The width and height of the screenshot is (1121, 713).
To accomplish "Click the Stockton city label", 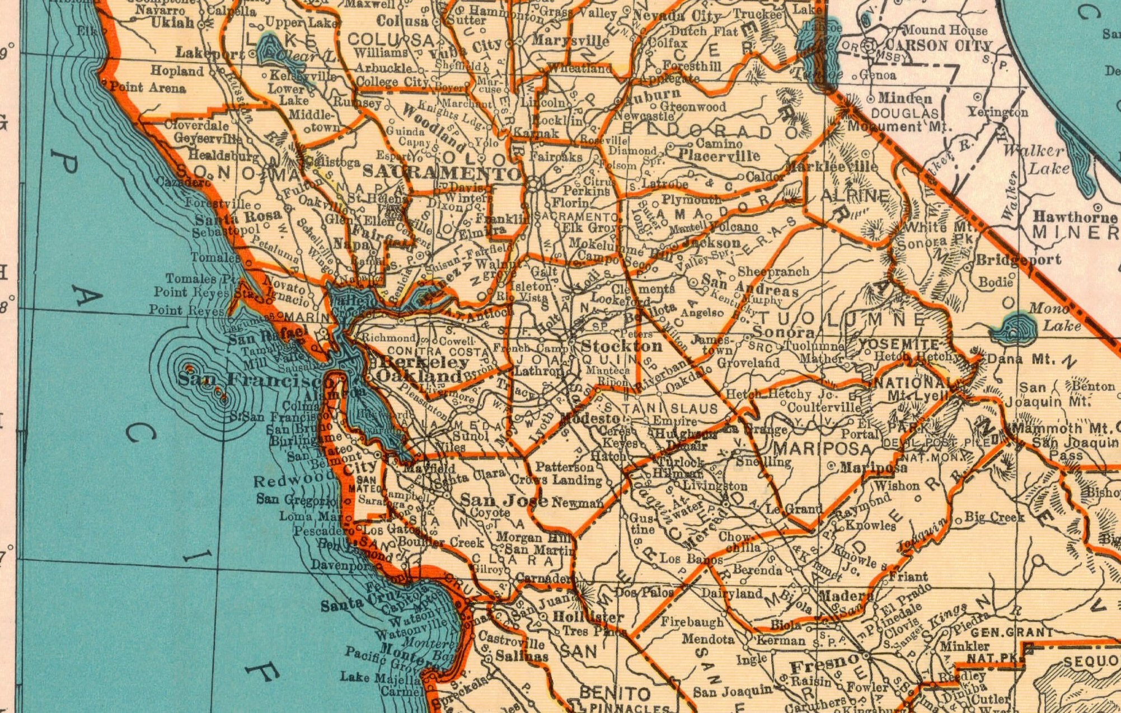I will (x=622, y=346).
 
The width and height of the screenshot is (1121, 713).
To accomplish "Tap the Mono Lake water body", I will (x=1014, y=327).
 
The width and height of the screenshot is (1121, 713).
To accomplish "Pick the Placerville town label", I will (x=719, y=155).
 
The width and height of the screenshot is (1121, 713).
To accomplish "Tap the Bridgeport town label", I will (x=1019, y=259).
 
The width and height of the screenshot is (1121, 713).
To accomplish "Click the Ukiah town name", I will (x=172, y=23).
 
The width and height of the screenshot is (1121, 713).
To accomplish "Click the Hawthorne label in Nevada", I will (x=1075, y=217).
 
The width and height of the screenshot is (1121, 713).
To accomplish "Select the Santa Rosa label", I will (x=238, y=217).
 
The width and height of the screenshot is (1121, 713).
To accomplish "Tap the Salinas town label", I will (x=522, y=655).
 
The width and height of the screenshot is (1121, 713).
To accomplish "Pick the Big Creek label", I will (x=994, y=517).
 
